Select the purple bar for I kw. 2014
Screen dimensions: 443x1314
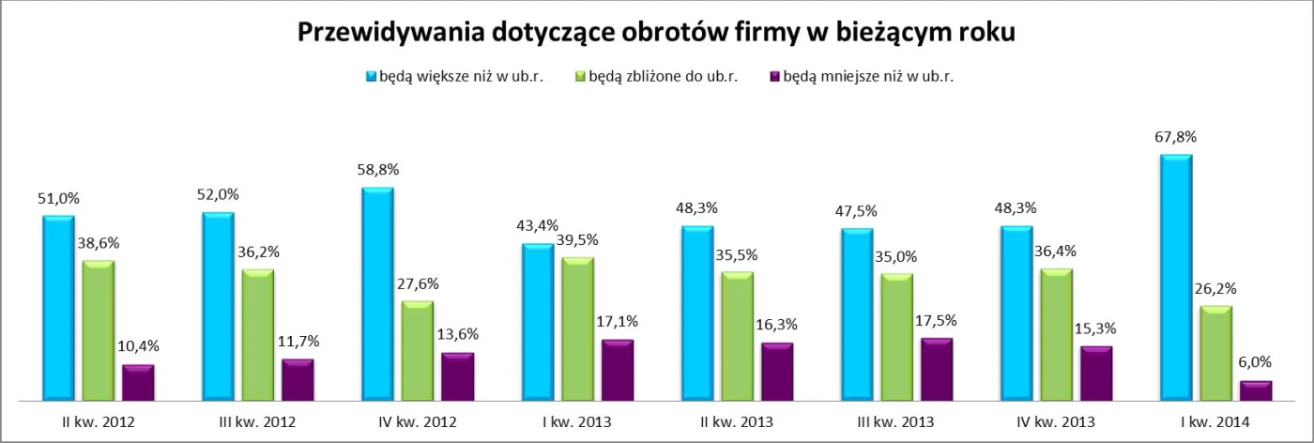tap(1256, 390)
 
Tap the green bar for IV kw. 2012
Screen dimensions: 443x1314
tap(418, 351)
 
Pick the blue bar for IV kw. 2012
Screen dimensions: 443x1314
tap(377, 294)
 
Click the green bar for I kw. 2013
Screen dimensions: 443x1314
tap(578, 329)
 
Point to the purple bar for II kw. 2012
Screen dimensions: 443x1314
tap(138, 382)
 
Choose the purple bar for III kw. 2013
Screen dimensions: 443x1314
tap(937, 369)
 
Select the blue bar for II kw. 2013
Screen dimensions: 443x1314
tap(697, 313)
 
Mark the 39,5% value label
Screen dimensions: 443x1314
tap(579, 240)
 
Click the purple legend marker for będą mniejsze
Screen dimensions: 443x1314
tap(774, 77)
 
